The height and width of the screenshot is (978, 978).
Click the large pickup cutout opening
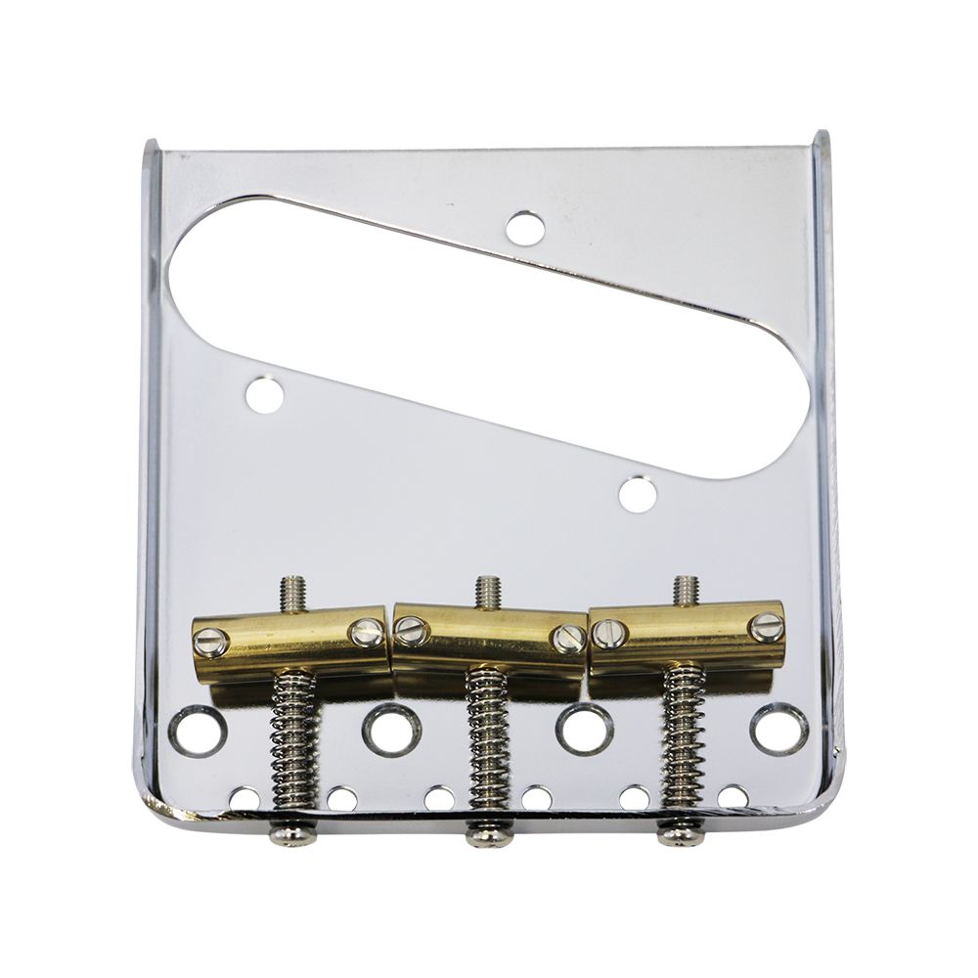(x=489, y=323)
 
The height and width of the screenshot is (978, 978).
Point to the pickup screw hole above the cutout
(x=525, y=228)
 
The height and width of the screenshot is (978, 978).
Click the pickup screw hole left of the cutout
(x=265, y=394)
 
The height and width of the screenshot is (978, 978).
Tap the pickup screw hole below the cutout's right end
(x=637, y=492)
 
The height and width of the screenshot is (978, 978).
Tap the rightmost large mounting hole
(x=779, y=730)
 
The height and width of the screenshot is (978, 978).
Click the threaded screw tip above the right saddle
(x=687, y=589)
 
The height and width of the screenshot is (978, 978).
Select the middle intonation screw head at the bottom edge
(x=489, y=836)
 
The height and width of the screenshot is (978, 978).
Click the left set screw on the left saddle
(x=211, y=643)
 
